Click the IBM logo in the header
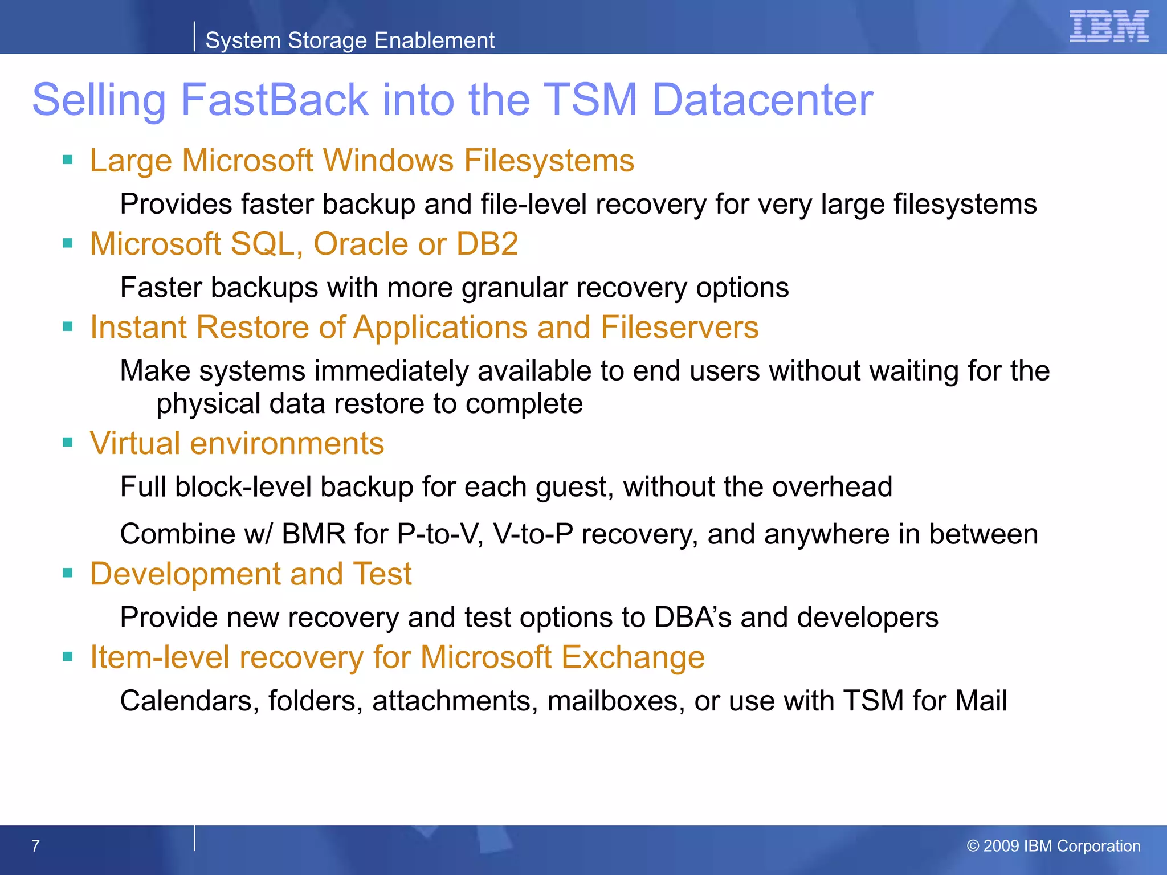click(1108, 27)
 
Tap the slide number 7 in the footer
click(35, 846)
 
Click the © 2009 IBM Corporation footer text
click(1053, 846)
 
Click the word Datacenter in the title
click(762, 100)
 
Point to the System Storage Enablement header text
click(349, 40)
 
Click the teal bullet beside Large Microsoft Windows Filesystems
click(68, 160)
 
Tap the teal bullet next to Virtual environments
click(68, 443)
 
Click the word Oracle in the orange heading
click(361, 244)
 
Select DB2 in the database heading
click(487, 244)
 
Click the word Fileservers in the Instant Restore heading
click(679, 328)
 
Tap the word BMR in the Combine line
click(313, 534)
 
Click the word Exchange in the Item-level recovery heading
click(633, 657)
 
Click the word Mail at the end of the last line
click(981, 701)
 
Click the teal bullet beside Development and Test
click(68, 573)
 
